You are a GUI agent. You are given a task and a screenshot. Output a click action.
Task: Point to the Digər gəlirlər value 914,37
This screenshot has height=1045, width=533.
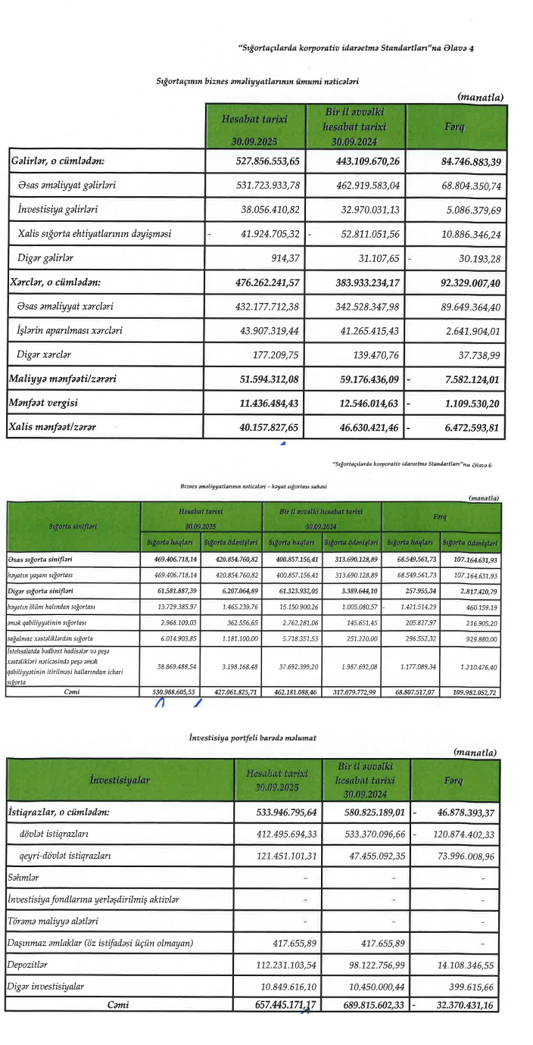285,258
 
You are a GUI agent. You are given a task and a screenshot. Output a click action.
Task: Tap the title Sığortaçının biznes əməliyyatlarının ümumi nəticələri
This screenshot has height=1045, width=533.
256,80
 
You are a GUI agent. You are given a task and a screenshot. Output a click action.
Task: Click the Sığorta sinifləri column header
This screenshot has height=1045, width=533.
73,522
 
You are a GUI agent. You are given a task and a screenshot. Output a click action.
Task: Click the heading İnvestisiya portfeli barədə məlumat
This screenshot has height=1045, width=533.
252,736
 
